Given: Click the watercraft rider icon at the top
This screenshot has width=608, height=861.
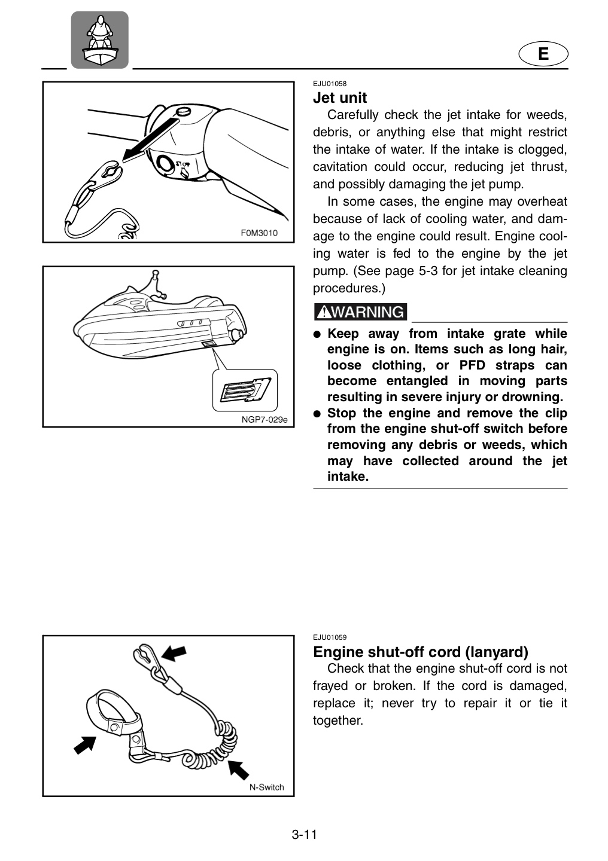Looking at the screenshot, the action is click(100, 40).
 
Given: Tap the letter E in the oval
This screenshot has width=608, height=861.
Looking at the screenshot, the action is click(543, 53).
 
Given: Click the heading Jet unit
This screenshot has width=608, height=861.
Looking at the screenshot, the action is click(340, 97).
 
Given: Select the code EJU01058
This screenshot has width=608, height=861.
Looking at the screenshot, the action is click(329, 84).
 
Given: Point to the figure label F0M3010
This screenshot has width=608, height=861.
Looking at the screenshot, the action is click(259, 233).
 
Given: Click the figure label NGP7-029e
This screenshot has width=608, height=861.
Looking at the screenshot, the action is click(265, 419).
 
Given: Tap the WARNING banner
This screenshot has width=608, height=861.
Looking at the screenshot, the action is click(361, 312).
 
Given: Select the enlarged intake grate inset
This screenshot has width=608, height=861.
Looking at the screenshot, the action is click(245, 390).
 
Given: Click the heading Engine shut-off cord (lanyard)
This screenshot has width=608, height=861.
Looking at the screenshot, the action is click(421, 652).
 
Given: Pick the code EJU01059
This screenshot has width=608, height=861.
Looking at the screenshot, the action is click(329, 637).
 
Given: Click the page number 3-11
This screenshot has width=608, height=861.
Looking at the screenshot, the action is click(304, 835).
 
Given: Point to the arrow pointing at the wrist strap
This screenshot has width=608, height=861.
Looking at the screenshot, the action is click(85, 744).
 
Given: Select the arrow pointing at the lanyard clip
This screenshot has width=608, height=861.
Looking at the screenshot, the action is click(174, 653).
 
